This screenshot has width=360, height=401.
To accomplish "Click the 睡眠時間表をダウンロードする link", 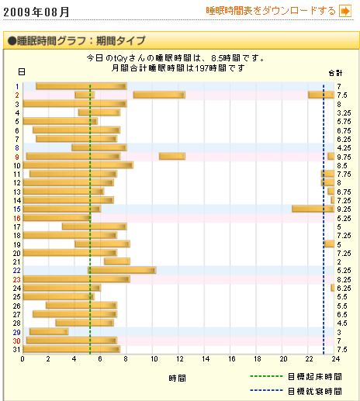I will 271,11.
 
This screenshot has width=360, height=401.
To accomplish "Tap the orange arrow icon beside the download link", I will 345,11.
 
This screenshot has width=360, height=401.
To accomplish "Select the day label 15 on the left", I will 17,209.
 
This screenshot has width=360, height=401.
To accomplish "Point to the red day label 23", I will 17,279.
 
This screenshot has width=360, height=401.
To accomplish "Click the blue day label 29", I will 17,331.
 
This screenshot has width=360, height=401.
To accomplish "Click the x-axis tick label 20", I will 284,359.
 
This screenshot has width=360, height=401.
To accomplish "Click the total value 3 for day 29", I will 340,331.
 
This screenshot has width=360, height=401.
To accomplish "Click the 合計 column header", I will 334,73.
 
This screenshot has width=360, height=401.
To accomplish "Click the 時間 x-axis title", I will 177,378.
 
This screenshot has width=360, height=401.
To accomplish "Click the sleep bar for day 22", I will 122,270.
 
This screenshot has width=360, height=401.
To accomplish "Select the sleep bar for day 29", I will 49,331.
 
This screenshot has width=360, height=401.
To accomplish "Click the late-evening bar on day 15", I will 313,209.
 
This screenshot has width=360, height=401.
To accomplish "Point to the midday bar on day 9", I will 172,157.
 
